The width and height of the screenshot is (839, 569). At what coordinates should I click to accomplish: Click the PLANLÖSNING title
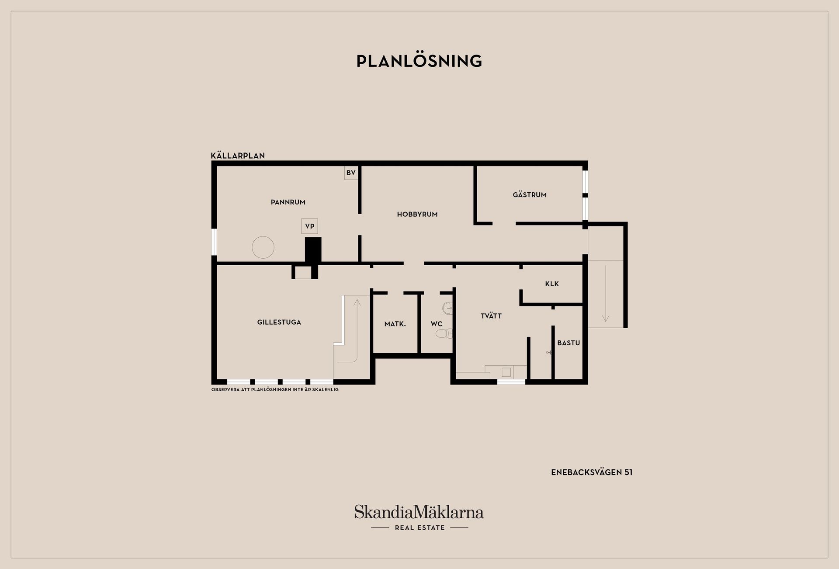pos(419,61)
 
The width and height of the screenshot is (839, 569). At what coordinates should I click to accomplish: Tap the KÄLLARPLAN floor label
pos(238,156)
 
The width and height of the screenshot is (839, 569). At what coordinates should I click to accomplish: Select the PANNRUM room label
pos(288,202)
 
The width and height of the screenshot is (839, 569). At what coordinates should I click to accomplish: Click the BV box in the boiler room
pos(351,173)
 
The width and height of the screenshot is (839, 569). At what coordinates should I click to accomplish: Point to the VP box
pos(309,226)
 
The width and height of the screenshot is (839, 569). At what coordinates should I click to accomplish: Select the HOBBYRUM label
pos(417,214)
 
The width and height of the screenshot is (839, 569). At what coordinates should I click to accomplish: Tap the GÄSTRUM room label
pos(530,195)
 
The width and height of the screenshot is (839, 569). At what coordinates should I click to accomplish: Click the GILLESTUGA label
pos(279,322)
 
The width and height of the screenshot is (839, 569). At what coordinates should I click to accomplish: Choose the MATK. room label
pos(395,324)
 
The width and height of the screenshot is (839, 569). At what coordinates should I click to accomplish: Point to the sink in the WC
pos(448,309)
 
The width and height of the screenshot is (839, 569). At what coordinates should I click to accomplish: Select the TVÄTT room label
pos(491,316)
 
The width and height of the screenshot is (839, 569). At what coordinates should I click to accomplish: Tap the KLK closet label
pos(552,284)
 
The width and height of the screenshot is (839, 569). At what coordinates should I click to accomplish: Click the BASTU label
pos(569,343)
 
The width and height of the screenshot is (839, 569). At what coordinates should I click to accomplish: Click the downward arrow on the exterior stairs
pos(606,293)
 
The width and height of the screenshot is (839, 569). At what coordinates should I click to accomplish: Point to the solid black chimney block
pos(313,250)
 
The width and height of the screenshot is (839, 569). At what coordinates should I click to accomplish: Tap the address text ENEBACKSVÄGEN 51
pos(592,472)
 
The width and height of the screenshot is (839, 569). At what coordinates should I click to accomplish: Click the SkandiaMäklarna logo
pos(419,512)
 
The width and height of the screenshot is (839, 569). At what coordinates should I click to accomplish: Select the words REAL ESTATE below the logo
pos(419,527)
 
